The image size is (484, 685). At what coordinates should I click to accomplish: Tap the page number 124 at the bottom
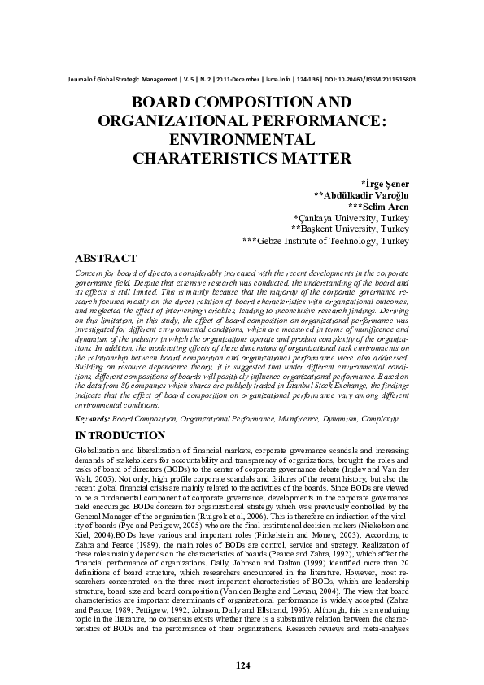point(242,665)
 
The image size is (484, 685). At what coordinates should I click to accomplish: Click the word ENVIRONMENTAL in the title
point(242,139)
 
